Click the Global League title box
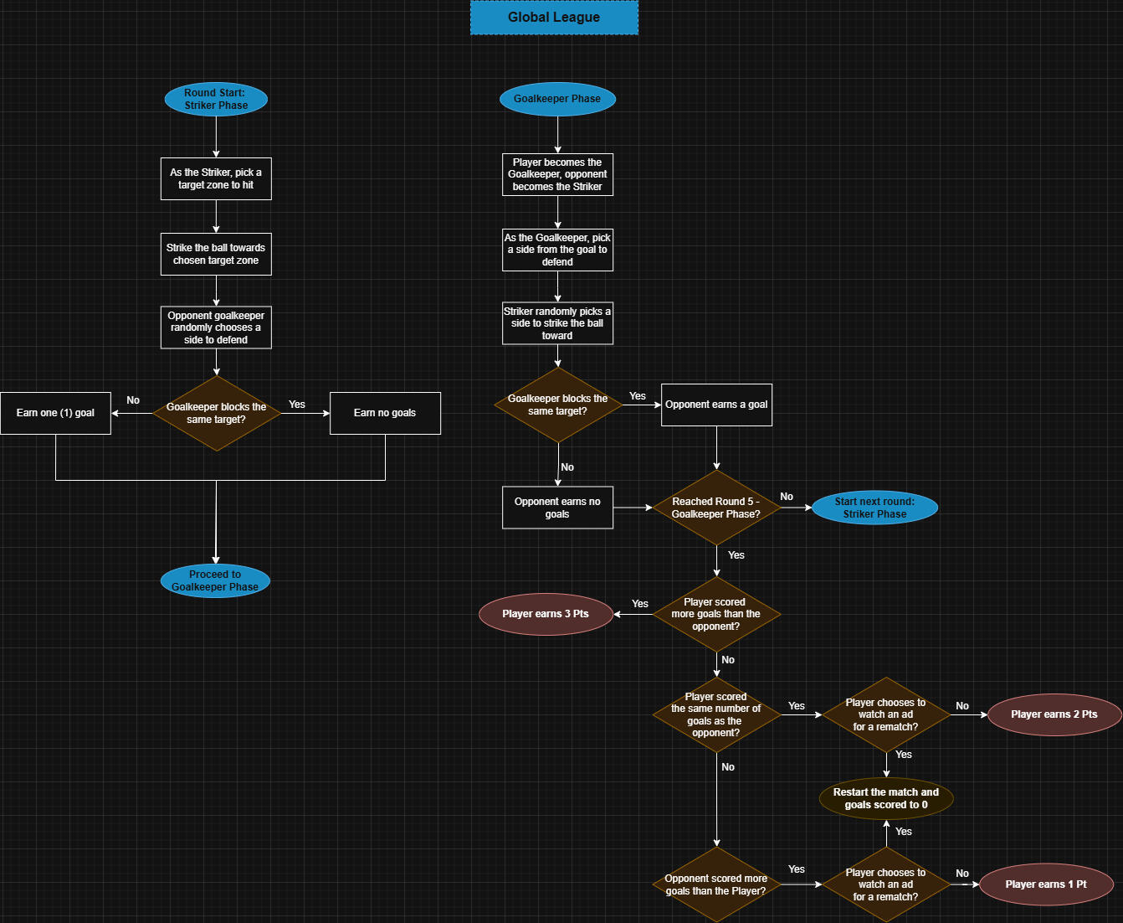pos(554,18)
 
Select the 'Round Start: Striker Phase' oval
pos(216,99)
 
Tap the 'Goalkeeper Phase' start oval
pos(557,99)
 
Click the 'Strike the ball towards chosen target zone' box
pos(216,254)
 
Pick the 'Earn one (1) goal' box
pos(55,413)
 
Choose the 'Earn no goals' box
pos(385,413)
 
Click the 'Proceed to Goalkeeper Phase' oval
pos(215,580)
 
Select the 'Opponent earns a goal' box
pos(716,405)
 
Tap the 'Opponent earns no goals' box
pos(557,508)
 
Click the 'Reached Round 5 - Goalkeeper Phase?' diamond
pos(716,508)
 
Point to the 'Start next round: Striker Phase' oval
pos(874,508)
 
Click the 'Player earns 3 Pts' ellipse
pos(546,614)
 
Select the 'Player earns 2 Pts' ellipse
pos(1054,714)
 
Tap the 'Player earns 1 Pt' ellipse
pos(1046,884)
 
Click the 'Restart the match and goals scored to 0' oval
pos(886,798)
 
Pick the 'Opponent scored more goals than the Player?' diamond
pos(716,884)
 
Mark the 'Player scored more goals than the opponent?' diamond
pos(716,614)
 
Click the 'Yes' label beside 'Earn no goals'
pos(297,405)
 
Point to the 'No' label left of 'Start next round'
pos(787,497)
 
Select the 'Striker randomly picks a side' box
pos(557,323)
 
